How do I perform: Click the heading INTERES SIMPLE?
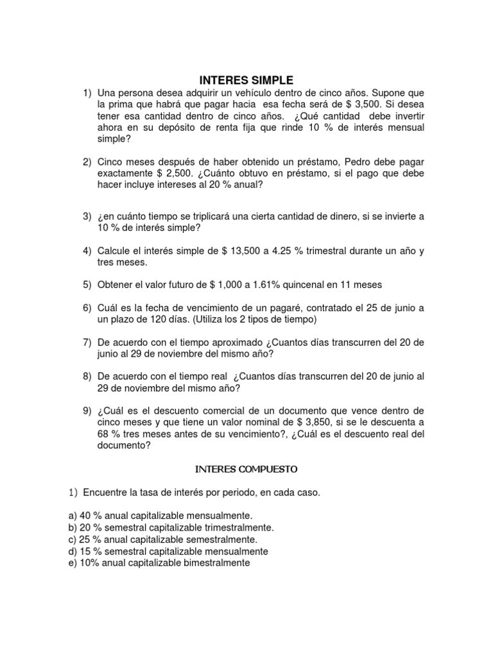pos(246,80)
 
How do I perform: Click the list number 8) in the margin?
pos(88,376)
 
